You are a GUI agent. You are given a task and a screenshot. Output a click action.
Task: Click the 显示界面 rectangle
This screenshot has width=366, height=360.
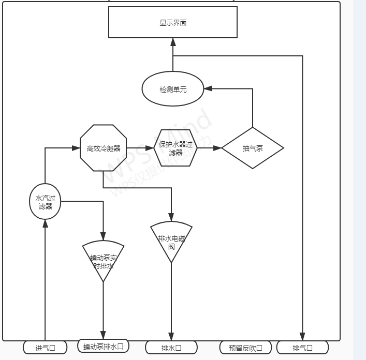click(172, 22)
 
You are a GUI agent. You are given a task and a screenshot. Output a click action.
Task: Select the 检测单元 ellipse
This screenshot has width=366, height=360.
click(173, 89)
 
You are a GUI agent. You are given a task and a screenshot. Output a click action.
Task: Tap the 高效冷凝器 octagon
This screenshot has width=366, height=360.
click(104, 148)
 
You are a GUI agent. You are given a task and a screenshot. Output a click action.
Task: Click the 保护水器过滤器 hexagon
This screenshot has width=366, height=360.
click(175, 148)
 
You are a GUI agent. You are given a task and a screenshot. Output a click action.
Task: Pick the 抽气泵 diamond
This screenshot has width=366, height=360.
click(253, 148)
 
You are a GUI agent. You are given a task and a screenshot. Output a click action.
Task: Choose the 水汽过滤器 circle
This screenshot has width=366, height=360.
click(45, 202)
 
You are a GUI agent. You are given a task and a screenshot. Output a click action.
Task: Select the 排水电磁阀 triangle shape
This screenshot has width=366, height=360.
click(171, 241)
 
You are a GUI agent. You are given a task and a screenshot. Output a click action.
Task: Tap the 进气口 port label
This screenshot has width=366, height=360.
click(45, 348)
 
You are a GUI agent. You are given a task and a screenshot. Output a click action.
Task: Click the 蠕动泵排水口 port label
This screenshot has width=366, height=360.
click(103, 346)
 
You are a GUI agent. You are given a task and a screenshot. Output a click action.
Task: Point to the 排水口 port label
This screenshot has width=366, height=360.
click(171, 348)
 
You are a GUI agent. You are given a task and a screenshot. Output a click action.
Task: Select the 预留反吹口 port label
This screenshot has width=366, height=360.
click(245, 348)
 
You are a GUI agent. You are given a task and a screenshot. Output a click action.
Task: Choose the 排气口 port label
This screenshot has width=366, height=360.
click(302, 348)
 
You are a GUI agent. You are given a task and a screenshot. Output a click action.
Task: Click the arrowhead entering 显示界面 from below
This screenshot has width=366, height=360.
click(173, 42)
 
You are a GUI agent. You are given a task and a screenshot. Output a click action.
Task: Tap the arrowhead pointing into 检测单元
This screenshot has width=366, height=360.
click(208, 89)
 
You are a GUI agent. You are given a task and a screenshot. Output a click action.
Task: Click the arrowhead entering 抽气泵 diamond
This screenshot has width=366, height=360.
click(217, 148)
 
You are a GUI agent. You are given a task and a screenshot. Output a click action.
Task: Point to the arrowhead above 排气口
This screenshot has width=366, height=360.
click(302, 337)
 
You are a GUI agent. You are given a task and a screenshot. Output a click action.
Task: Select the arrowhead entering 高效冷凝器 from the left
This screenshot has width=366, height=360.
click(76, 148)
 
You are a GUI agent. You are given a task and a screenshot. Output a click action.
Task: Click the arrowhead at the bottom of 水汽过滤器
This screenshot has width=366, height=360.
click(45, 223)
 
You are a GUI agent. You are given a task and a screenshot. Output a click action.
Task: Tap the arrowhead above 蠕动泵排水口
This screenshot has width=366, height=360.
click(103, 335)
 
